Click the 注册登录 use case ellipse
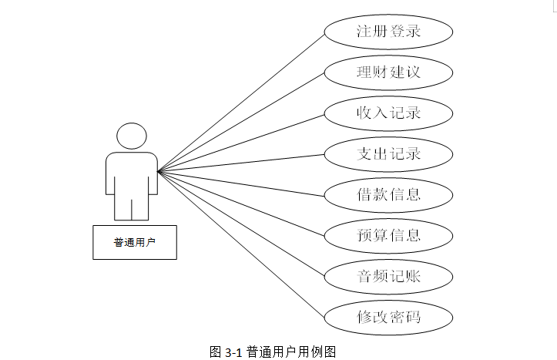[x=388, y=32]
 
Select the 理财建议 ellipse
[x=388, y=73]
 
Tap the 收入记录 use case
[x=388, y=113]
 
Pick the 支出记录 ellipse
[x=388, y=154]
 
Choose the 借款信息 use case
[x=388, y=194]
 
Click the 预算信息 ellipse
[x=388, y=235]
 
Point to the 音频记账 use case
[x=388, y=276]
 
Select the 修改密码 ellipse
[x=388, y=317]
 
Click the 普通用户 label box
[x=135, y=242]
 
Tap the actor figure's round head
[x=132, y=137]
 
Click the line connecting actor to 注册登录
[x=240, y=102]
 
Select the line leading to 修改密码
[x=240, y=244]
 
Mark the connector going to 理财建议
[x=240, y=122]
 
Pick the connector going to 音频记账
[x=240, y=224]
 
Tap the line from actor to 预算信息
[x=240, y=204]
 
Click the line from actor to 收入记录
[x=240, y=143]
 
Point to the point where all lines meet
[x=158, y=171]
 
